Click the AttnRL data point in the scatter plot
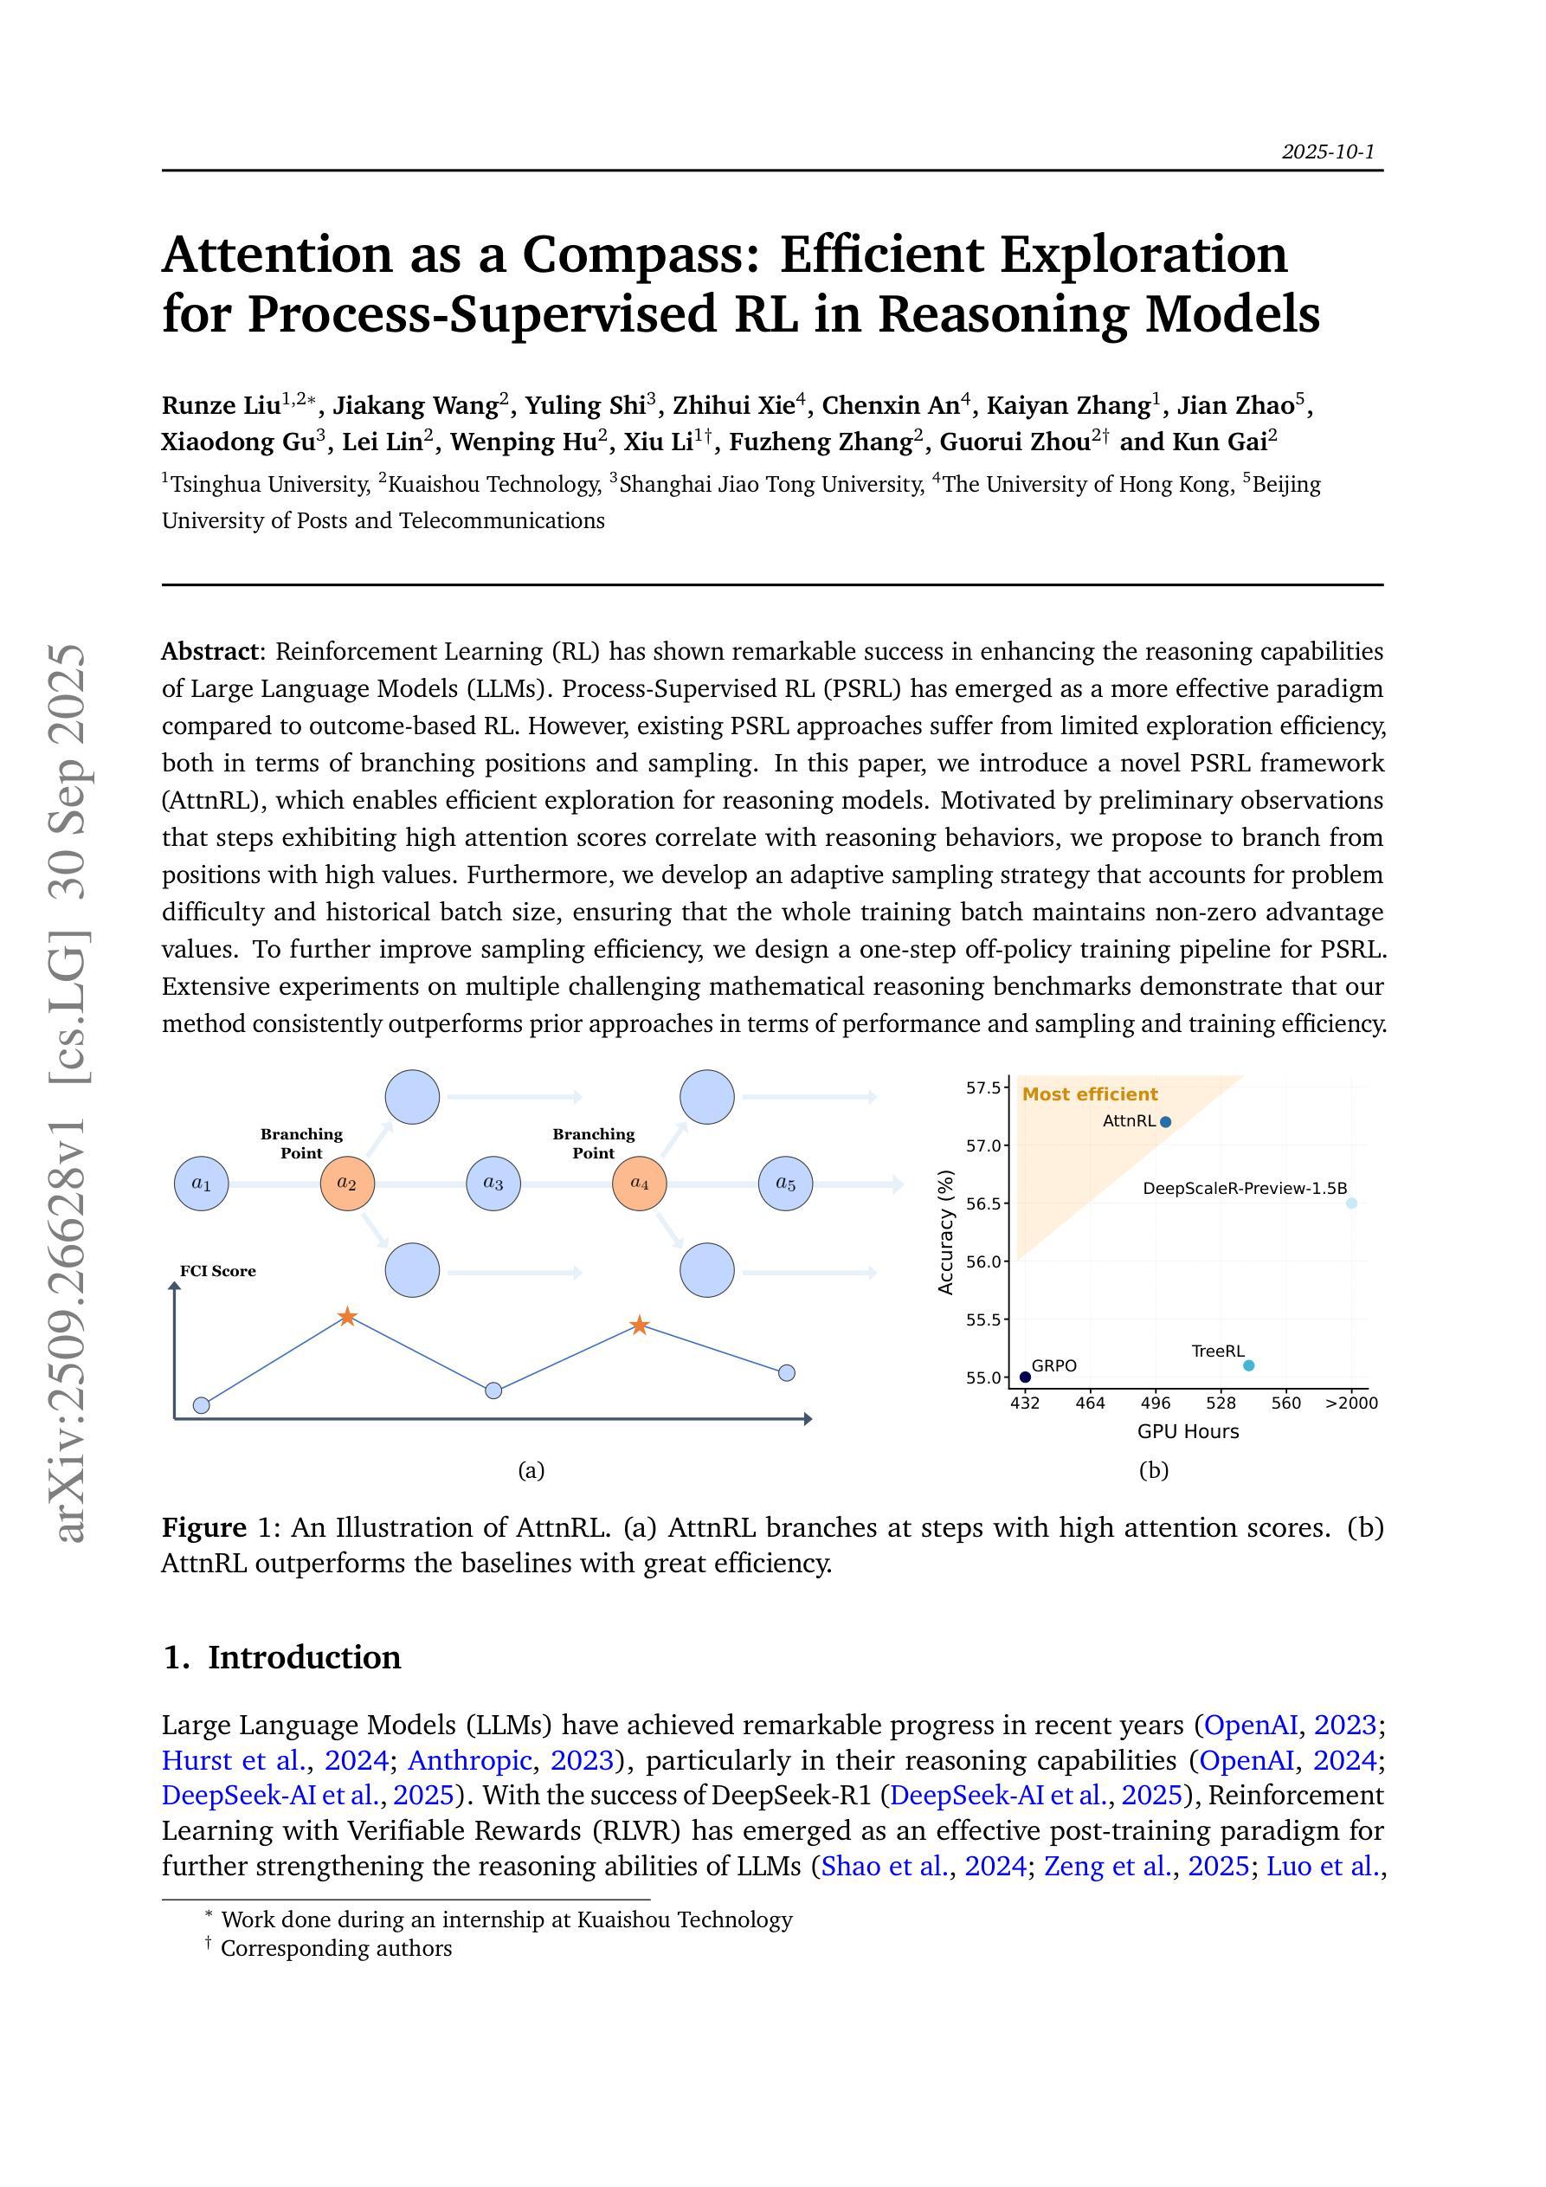(x=1166, y=1122)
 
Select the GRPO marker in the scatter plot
(x=1025, y=1377)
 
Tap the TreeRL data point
(x=1249, y=1365)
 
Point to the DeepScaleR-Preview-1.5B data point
(x=1350, y=1203)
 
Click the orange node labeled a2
(x=347, y=1184)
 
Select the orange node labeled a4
(x=639, y=1184)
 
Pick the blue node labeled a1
(x=201, y=1184)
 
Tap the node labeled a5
(x=785, y=1184)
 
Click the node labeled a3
(x=493, y=1184)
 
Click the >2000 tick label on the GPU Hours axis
(x=1350, y=1403)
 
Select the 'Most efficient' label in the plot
(x=1090, y=1094)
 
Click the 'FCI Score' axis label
(x=217, y=1272)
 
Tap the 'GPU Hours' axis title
(x=1188, y=1432)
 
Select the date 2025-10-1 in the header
(x=1328, y=152)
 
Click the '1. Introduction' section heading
(x=282, y=1657)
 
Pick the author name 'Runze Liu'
(x=221, y=406)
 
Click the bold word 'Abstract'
(x=209, y=652)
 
